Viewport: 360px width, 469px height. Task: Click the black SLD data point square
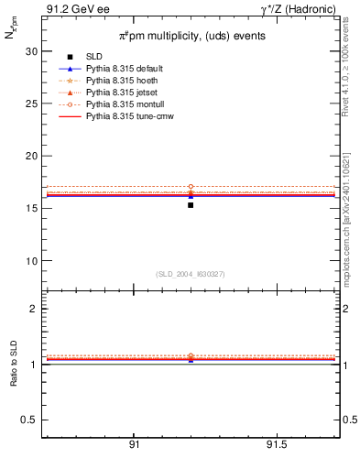tap(191, 205)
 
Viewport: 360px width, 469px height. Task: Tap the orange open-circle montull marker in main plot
tap(191, 187)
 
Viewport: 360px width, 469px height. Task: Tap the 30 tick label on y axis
tap(31, 51)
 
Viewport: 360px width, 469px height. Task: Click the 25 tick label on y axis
tap(31, 104)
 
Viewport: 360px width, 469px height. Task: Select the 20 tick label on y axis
tap(31, 156)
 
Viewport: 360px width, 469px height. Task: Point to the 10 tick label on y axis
tap(31, 260)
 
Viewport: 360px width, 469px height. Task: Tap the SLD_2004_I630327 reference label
tap(191, 274)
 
